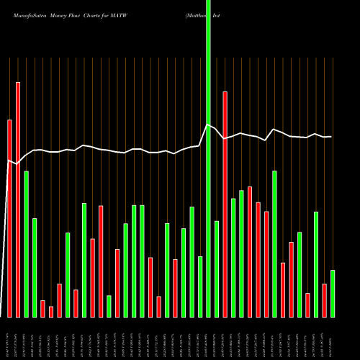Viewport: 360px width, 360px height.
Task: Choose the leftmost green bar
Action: (26, 244)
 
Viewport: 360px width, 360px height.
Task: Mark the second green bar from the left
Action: (34, 267)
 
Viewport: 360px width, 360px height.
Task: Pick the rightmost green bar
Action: (332, 293)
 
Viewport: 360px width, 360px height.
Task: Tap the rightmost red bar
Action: (324, 300)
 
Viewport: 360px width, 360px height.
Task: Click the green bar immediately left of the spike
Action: (200, 287)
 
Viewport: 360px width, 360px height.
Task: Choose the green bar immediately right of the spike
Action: (217, 269)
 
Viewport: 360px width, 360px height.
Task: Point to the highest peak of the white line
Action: (207, 125)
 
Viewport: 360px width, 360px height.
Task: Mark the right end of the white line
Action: (331, 136)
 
